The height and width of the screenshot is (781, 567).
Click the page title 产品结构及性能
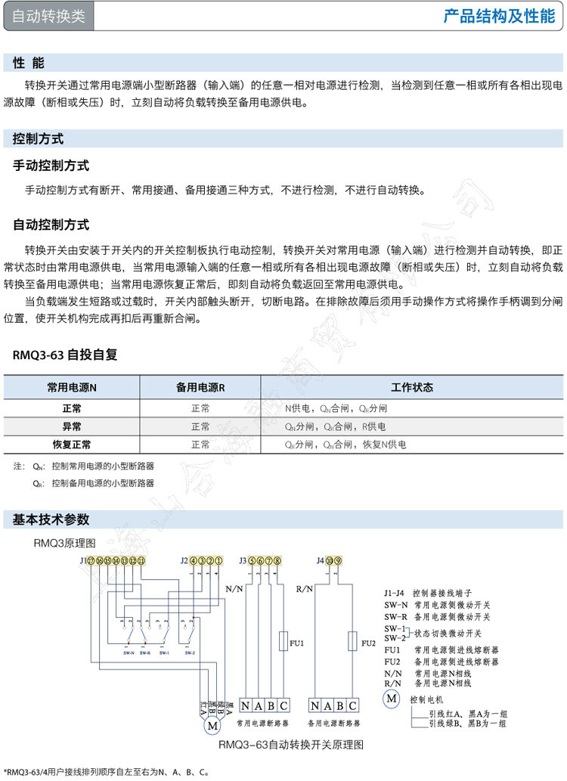click(499, 17)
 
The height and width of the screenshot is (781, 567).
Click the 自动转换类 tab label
click(48, 17)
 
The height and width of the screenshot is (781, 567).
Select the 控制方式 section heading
click(38, 138)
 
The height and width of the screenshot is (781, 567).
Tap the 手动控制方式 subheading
click(51, 165)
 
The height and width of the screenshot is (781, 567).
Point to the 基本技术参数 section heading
click(51, 519)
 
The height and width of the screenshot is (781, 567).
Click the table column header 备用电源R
click(200, 387)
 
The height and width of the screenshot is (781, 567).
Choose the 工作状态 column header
click(412, 387)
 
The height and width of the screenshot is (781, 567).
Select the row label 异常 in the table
click(72, 426)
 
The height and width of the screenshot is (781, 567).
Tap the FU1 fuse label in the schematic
click(296, 643)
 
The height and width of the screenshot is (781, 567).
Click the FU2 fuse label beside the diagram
click(368, 643)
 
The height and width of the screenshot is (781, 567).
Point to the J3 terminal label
click(243, 560)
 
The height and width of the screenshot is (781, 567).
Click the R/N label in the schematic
click(304, 587)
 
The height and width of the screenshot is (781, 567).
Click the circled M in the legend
click(392, 698)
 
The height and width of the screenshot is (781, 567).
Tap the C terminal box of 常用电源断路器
click(283, 705)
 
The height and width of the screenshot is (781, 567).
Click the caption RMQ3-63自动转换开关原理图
click(291, 745)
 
